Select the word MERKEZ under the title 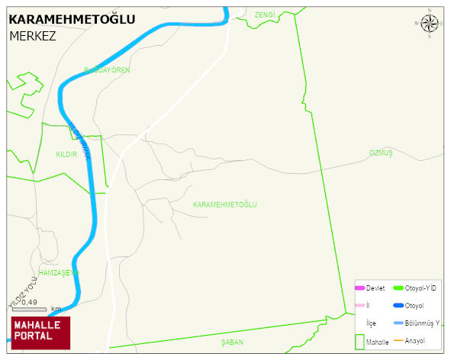pyautogui.click(x=33, y=36)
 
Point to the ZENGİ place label pyautogui.click(x=264, y=14)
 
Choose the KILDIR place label pyautogui.click(x=67, y=154)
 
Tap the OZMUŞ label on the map pyautogui.click(x=380, y=153)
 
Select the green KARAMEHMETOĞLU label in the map pyautogui.click(x=225, y=205)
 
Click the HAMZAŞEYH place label pyautogui.click(x=58, y=272)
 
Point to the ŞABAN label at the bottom pyautogui.click(x=232, y=342)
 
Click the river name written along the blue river pyautogui.click(x=79, y=140)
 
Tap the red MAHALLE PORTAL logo pyautogui.click(x=40, y=332)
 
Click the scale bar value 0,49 pyautogui.click(x=30, y=303)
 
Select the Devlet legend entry pyautogui.click(x=375, y=288)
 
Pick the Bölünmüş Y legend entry pyautogui.click(x=422, y=323)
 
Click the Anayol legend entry pyautogui.click(x=416, y=340)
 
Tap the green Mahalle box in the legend pyautogui.click(x=360, y=342)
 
